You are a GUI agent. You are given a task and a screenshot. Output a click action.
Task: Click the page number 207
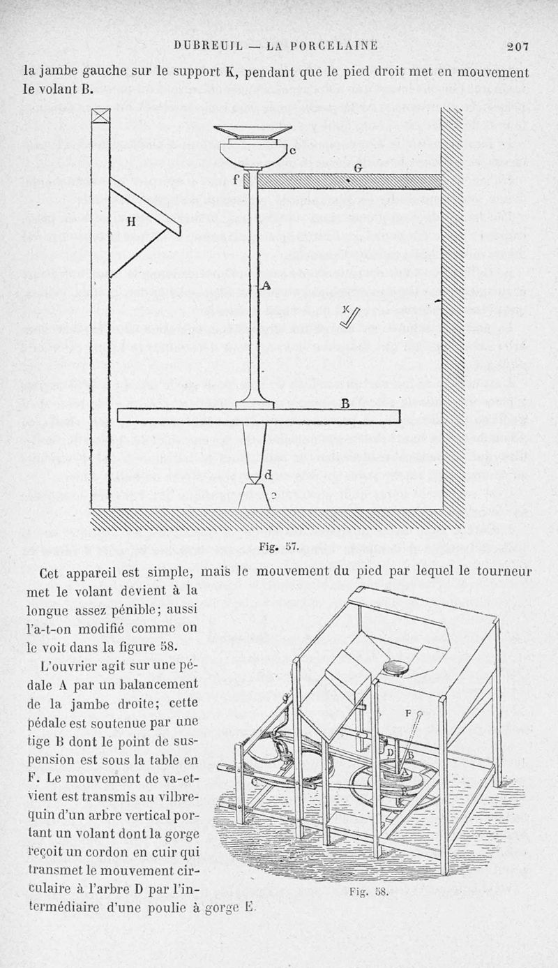click(518, 47)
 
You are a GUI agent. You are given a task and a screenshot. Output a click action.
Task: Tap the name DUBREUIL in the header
click(207, 47)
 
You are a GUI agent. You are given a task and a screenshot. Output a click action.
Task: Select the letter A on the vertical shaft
click(266, 285)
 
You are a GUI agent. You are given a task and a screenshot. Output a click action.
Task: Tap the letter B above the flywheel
click(345, 403)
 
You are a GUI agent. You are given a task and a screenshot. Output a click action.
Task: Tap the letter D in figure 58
click(390, 752)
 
